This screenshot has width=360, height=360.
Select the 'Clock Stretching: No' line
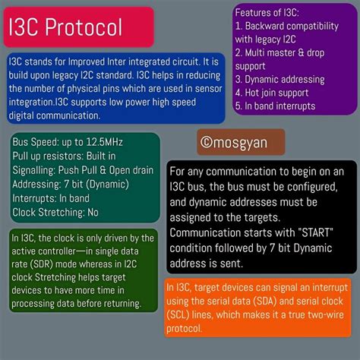click(55, 213)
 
